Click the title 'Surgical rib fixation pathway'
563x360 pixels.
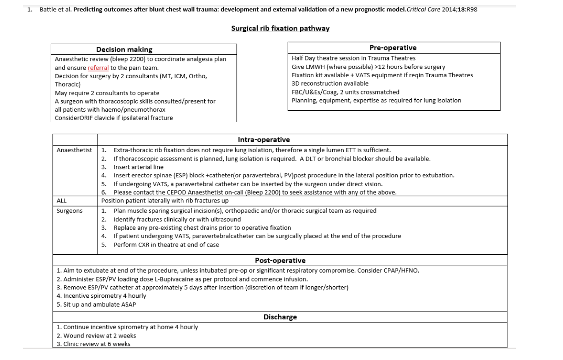coord(280,28)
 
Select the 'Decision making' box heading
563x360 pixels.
coord(124,49)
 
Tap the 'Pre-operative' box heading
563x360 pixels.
coord(393,48)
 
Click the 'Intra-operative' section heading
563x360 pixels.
coord(263,139)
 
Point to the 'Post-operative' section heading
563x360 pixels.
coord(280,260)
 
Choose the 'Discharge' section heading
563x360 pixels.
coord(280,317)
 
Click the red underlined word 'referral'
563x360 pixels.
coord(98,67)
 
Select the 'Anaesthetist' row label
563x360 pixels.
coord(74,150)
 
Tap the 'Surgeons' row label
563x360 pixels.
coord(69,210)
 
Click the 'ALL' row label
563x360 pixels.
coord(61,200)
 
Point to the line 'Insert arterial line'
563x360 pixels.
coord(138,167)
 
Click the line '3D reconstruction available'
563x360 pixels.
coord(330,83)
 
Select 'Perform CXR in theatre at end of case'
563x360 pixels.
coord(166,244)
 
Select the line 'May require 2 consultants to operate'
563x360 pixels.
coord(107,93)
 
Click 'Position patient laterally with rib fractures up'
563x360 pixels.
coord(165,200)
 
